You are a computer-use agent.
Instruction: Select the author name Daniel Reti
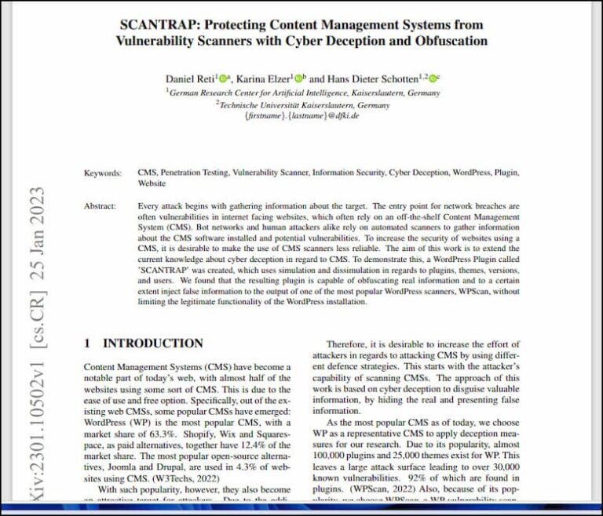coord(191,78)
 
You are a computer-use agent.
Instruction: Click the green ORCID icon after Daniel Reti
coord(225,78)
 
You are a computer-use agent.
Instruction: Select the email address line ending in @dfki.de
coord(302,115)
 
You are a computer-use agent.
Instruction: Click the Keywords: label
coord(102,173)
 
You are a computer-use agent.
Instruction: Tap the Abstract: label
coord(104,206)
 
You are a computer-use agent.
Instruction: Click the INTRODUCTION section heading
coord(153,343)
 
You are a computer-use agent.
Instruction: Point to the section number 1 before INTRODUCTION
coord(87,343)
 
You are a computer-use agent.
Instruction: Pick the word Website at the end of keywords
coord(152,184)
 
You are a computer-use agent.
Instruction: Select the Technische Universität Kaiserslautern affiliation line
coord(303,104)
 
